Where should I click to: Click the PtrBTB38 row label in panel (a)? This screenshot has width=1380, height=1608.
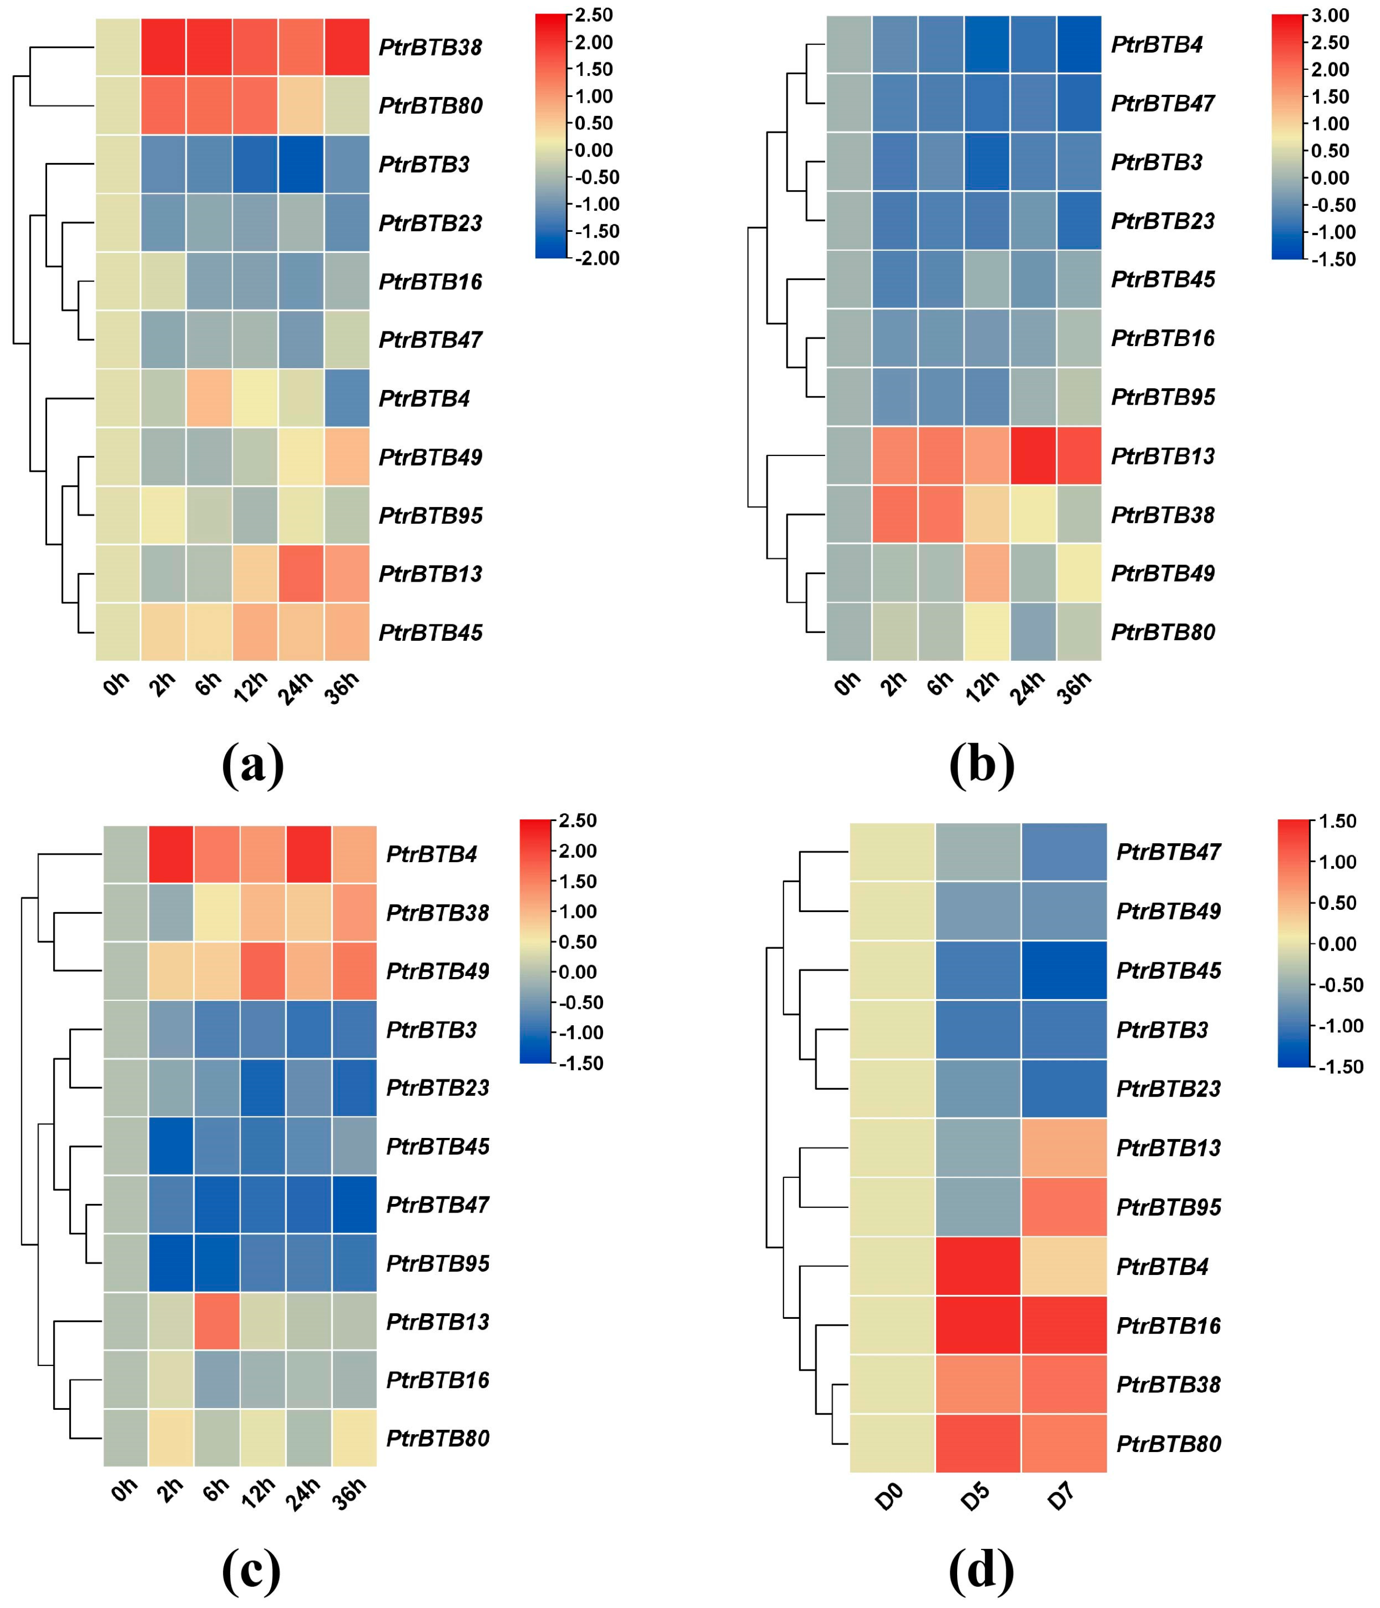(x=430, y=47)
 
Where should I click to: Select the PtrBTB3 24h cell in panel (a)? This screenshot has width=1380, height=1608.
(x=301, y=164)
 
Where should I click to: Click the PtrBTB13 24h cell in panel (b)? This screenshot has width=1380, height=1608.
(x=1032, y=455)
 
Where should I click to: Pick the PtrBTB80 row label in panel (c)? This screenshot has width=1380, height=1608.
(x=437, y=1438)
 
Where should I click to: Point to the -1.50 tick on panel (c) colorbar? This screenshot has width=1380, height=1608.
(x=578, y=1063)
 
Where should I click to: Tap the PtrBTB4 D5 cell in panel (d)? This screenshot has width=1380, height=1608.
(x=977, y=1267)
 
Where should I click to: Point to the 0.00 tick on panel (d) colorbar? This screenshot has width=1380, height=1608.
(x=1337, y=943)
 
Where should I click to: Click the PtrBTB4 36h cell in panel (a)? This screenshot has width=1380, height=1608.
(x=346, y=398)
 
